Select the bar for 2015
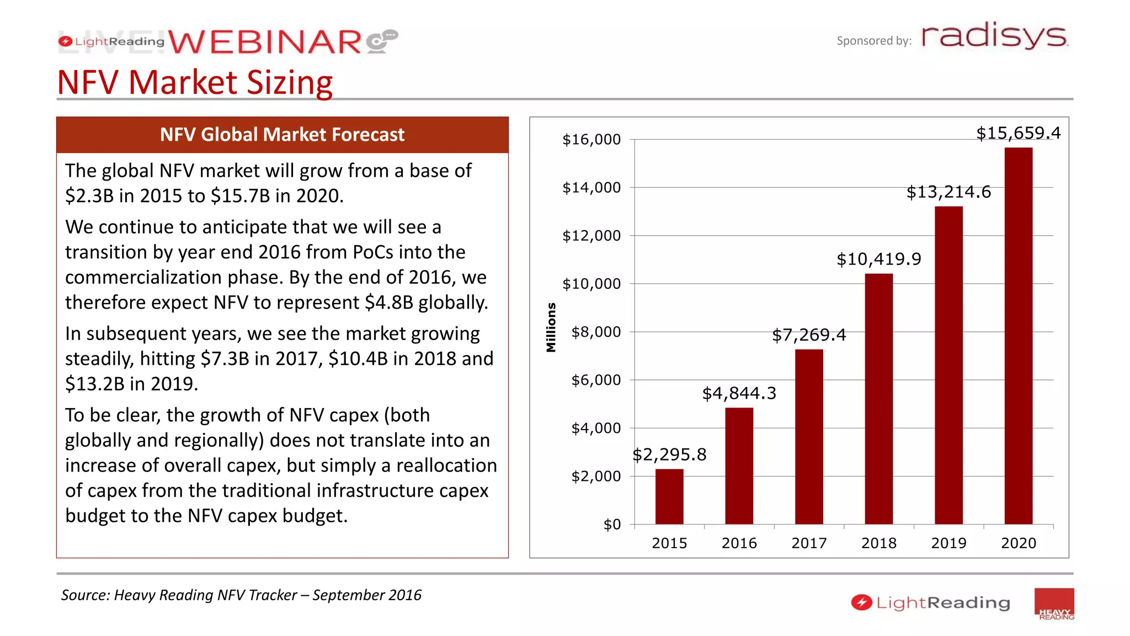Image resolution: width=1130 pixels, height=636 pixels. (x=669, y=496)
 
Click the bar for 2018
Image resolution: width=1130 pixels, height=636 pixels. (x=878, y=399)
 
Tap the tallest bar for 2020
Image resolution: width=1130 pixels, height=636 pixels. (x=1018, y=336)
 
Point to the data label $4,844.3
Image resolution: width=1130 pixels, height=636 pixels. (x=739, y=393)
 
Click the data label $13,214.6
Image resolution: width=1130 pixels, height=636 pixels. (x=948, y=192)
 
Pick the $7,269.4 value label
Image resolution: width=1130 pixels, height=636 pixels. (x=809, y=335)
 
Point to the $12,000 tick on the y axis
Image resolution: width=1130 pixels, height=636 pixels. (x=591, y=236)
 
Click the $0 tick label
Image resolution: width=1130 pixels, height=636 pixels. (x=612, y=524)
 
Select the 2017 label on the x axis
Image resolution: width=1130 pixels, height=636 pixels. (x=809, y=543)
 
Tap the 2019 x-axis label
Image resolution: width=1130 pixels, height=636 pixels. (x=948, y=543)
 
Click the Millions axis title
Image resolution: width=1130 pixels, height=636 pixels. (x=551, y=327)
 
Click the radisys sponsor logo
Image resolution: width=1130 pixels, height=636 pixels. (x=994, y=36)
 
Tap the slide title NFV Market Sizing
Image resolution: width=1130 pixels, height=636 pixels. (x=195, y=82)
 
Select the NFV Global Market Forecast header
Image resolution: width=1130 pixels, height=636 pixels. (x=282, y=135)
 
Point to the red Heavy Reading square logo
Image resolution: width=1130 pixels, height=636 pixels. (x=1054, y=604)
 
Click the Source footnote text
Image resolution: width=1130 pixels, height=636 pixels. (x=241, y=595)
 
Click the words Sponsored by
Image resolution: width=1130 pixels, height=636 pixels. (x=874, y=41)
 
